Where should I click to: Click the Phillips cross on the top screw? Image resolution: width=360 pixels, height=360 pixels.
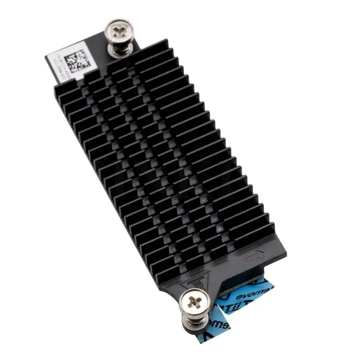point(119,32)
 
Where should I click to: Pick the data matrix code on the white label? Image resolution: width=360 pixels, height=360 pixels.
point(77,61)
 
